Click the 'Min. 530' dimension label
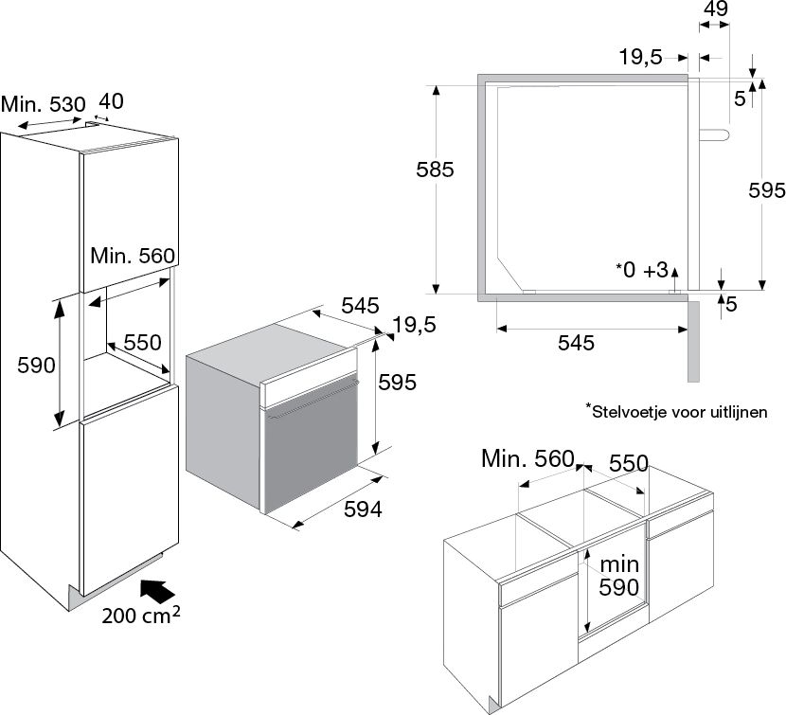[43, 103]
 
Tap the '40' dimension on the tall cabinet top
[110, 100]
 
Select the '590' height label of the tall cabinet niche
[27, 365]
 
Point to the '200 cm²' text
[141, 616]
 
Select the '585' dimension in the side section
[436, 170]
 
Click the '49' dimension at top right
[716, 9]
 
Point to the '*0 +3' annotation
[641, 270]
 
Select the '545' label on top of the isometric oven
[360, 306]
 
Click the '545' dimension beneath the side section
[575, 343]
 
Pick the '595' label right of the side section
[766, 190]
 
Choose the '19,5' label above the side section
[640, 57]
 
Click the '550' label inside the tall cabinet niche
[142, 342]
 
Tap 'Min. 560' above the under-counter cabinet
[527, 459]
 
